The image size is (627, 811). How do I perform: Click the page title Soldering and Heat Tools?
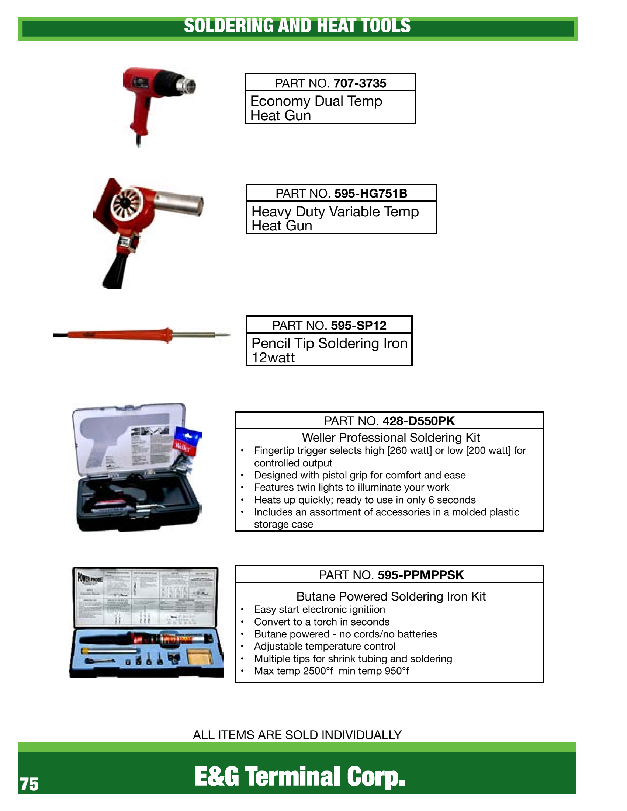click(x=297, y=26)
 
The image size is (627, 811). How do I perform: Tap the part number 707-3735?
click(x=360, y=83)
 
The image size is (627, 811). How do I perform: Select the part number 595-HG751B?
click(x=371, y=194)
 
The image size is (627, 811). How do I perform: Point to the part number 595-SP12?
click(x=358, y=325)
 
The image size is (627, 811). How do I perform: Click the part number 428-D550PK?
click(x=419, y=421)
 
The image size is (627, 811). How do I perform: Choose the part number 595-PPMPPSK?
click(x=420, y=575)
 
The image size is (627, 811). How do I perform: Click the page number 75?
click(x=29, y=784)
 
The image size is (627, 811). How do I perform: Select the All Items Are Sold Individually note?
click(x=297, y=734)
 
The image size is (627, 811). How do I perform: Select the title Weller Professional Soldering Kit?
click(x=391, y=438)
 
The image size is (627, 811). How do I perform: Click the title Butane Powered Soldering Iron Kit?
click(x=391, y=596)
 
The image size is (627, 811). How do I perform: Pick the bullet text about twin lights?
click(x=351, y=487)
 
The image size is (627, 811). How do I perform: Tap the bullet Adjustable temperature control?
click(x=325, y=646)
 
